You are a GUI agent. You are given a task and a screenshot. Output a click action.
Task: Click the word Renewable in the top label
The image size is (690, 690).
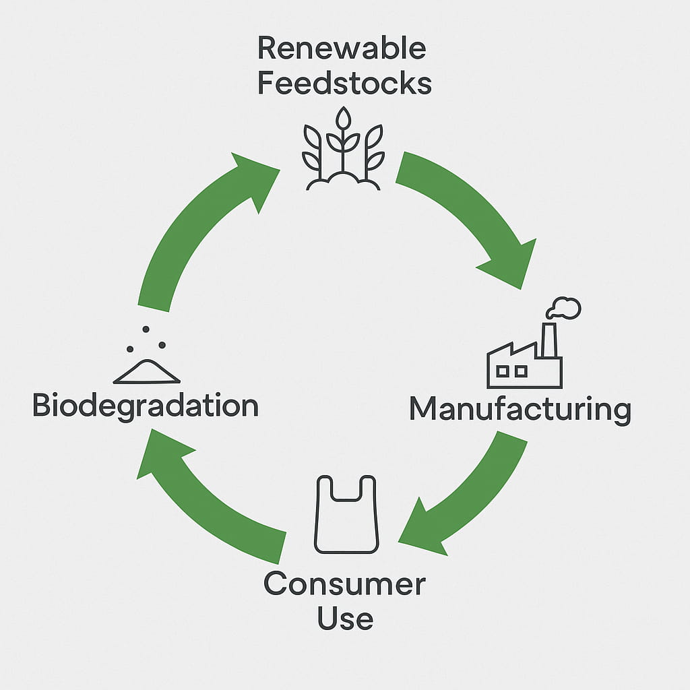342,49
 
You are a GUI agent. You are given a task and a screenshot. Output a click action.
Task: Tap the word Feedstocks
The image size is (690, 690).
344,84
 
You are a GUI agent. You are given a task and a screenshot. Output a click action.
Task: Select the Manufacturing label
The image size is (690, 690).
520,410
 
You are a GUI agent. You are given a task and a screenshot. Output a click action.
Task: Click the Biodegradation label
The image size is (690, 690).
146,406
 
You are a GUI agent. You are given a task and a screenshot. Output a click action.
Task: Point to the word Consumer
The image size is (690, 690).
344,584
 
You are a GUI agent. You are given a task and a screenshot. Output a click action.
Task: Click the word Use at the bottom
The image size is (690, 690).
345,619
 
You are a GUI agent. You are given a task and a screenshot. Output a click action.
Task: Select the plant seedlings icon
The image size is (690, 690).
343,150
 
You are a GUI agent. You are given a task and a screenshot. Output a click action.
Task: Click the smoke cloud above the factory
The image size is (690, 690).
564,308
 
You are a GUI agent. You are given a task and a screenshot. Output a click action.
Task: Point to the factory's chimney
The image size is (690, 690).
548,340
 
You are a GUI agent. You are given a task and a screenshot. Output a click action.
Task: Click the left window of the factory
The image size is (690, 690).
503,371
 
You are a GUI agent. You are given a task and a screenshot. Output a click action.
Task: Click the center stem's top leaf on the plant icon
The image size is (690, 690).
344,120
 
